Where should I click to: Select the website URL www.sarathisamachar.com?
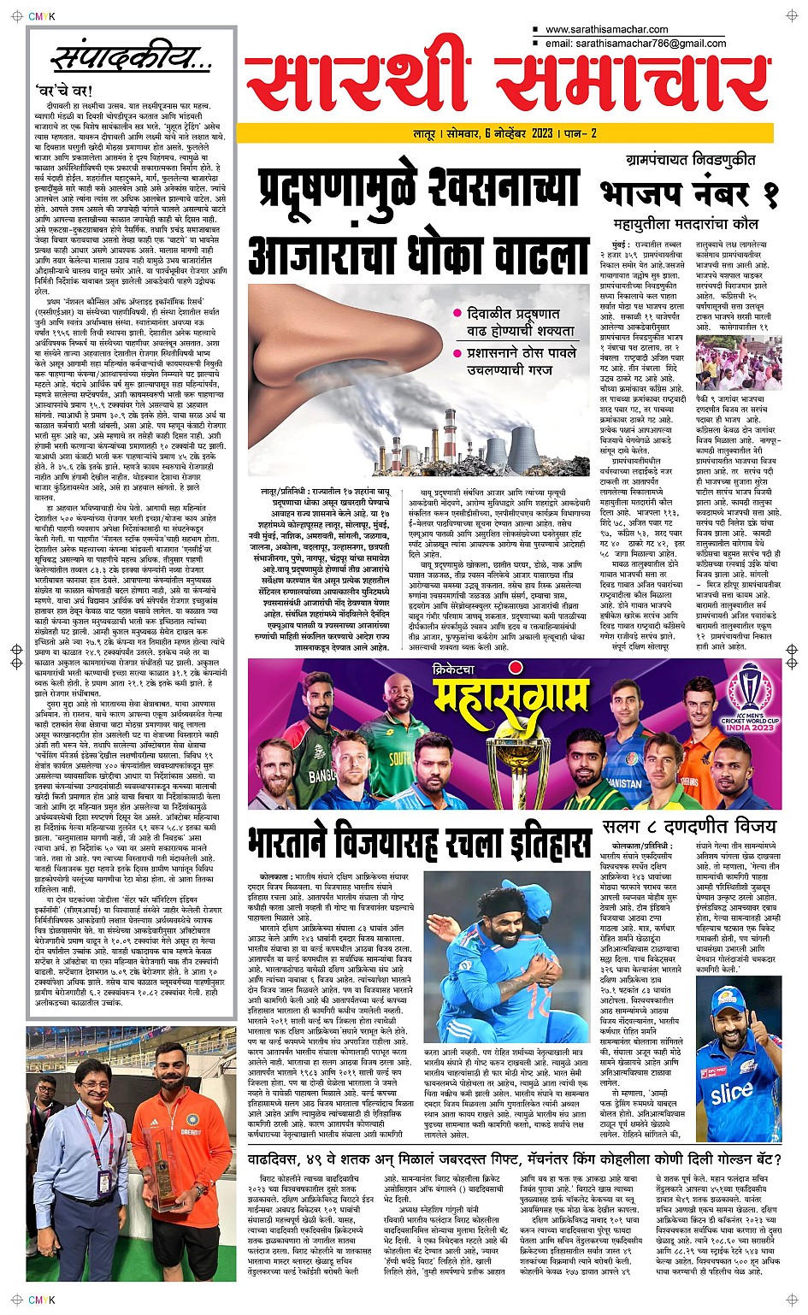(606, 29)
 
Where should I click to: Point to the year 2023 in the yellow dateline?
(541, 133)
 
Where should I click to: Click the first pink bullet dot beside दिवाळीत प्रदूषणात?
(458, 314)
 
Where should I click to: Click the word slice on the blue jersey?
(731, 1093)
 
